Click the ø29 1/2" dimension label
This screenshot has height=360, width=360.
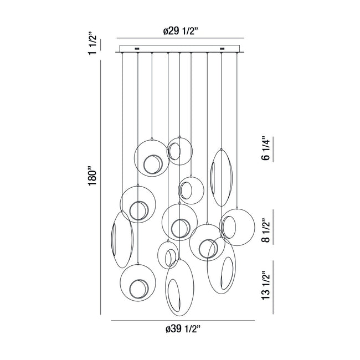[181, 31]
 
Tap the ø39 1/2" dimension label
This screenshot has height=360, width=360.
[183, 329]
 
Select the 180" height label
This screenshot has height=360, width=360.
[92, 176]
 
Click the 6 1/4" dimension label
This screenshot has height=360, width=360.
[266, 148]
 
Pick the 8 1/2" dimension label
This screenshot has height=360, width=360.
[266, 230]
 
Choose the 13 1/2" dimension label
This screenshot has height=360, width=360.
[266, 285]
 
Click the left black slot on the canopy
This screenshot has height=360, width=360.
[137, 49]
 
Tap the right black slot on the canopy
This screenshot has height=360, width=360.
[222, 48]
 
